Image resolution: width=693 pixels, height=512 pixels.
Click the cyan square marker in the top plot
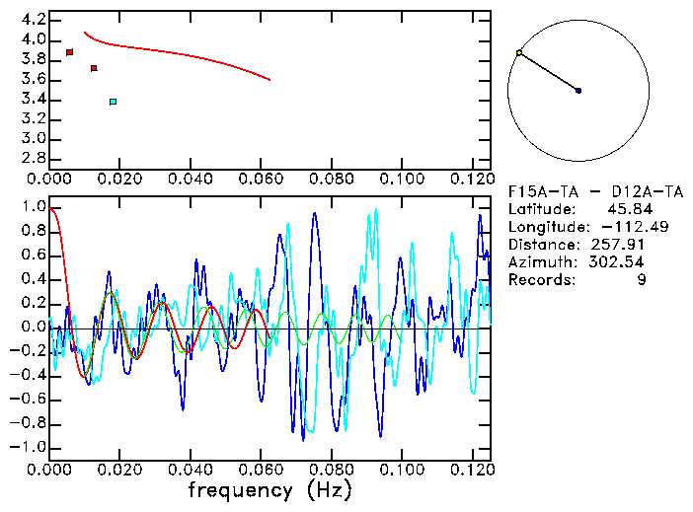pos(114,102)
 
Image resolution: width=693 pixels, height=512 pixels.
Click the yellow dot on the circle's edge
pos(519,52)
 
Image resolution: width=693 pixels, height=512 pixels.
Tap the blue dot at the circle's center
pos(578,91)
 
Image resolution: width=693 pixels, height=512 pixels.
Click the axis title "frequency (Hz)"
pos(269,490)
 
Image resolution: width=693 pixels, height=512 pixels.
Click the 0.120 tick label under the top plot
pos(471,180)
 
